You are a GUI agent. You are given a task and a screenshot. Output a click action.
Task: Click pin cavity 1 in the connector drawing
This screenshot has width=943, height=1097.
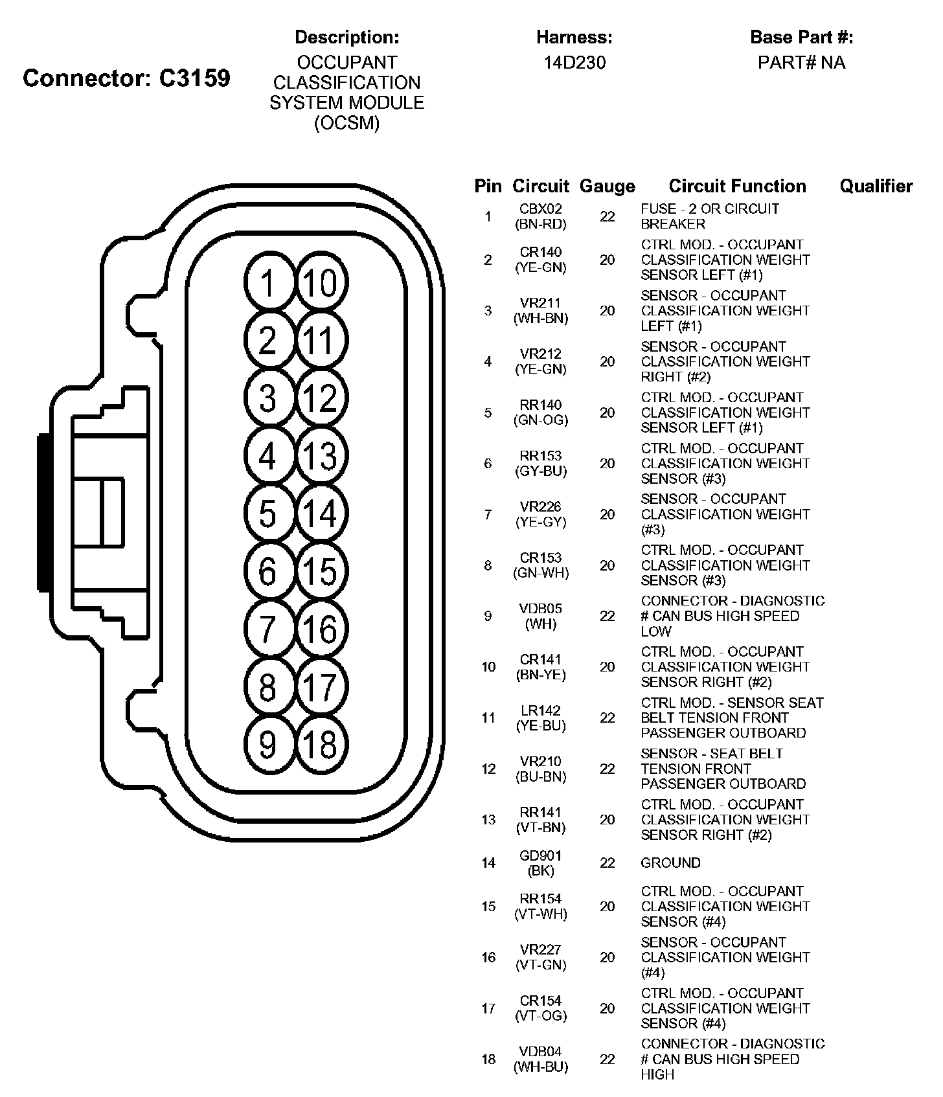[x=268, y=283]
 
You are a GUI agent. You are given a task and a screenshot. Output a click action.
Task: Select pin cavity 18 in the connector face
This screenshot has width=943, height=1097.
[x=320, y=744]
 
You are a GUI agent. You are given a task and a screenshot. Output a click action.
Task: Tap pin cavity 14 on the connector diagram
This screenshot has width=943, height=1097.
[x=320, y=514]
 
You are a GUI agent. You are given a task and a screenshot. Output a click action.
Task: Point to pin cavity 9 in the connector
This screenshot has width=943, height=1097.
[x=268, y=744]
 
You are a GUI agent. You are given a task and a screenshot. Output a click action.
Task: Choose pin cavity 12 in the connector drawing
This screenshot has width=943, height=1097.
[x=320, y=398]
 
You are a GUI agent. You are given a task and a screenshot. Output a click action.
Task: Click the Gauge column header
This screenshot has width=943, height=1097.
[x=607, y=187]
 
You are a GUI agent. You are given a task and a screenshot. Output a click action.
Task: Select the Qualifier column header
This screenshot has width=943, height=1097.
[x=876, y=187]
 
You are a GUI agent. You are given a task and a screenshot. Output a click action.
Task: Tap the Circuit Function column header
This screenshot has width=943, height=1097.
[x=737, y=187]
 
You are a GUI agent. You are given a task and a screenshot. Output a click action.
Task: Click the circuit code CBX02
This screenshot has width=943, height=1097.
[x=541, y=209]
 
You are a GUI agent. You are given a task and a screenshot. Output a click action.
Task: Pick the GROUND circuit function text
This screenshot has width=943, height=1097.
[x=670, y=863]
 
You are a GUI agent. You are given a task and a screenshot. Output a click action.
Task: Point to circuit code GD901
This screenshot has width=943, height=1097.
[x=541, y=855]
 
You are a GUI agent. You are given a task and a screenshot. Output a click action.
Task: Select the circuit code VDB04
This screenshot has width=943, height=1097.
[x=541, y=1052]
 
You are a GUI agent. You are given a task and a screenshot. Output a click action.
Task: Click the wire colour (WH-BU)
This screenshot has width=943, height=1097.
[x=541, y=1067]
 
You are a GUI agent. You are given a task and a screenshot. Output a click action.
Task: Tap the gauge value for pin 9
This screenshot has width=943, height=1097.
[x=607, y=616]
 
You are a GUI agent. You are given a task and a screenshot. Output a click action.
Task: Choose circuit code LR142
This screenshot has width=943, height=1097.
[x=541, y=710]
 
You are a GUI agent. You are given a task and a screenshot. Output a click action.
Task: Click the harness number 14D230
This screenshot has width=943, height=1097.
[x=574, y=63]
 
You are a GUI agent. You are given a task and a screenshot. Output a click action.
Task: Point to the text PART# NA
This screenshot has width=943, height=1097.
[x=801, y=63]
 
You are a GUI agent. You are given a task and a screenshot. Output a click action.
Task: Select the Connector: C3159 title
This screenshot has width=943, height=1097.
[x=126, y=78]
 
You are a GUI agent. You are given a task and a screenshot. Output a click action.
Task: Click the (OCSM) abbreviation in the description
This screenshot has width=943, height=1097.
[x=347, y=123]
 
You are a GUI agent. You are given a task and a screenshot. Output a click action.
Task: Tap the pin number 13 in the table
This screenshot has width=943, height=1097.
[x=488, y=820]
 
